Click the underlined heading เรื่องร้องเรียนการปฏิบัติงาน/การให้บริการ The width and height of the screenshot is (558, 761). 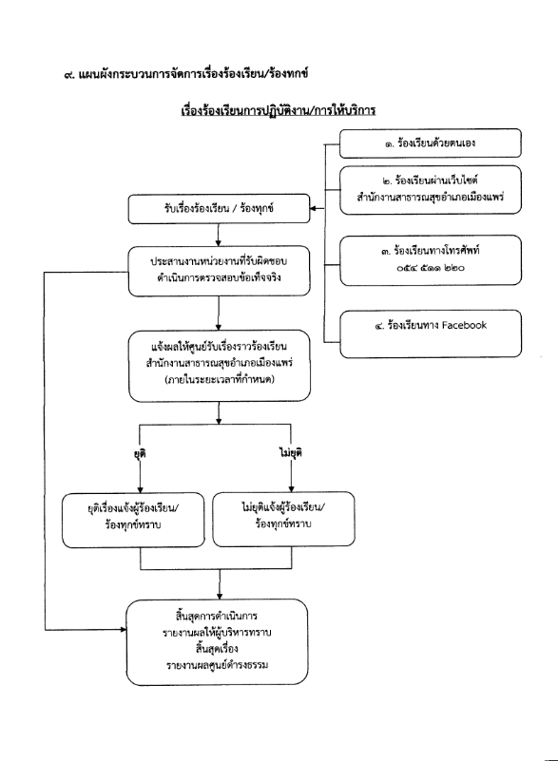pyautogui.click(x=279, y=110)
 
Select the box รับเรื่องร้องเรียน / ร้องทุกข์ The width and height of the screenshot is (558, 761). pyautogui.click(x=219, y=209)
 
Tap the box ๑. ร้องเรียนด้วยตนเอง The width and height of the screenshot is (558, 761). pyautogui.click(x=431, y=143)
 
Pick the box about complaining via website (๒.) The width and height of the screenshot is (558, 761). pyautogui.click(x=431, y=190)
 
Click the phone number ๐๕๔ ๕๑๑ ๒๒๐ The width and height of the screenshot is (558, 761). pyautogui.click(x=431, y=267)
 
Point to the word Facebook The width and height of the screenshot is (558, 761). pyautogui.click(x=464, y=325)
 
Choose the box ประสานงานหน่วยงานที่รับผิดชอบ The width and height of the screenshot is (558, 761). pyautogui.click(x=219, y=271)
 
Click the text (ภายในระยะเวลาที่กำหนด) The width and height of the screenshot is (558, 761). pyautogui.click(x=219, y=379)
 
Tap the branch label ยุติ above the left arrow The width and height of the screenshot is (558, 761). pyautogui.click(x=140, y=453)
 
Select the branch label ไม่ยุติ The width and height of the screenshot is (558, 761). pyautogui.click(x=291, y=453)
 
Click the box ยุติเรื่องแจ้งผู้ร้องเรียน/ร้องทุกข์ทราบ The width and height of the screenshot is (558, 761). pyautogui.click(x=133, y=520)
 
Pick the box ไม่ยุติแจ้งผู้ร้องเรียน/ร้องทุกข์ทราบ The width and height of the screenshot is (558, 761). pyautogui.click(x=283, y=519)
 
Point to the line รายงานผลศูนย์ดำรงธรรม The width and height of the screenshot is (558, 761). pyautogui.click(x=217, y=665)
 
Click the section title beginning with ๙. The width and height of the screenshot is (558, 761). pyautogui.click(x=186, y=74)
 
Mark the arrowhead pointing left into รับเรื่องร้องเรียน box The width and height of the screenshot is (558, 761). pyautogui.click(x=314, y=209)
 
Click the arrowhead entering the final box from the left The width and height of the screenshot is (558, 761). pyautogui.click(x=123, y=630)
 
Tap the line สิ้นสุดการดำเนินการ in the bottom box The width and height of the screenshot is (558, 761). pyautogui.click(x=217, y=617)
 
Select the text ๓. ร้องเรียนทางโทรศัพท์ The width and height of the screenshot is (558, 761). pyautogui.click(x=431, y=251)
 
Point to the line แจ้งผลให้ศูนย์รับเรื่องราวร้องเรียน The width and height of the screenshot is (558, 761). pyautogui.click(x=219, y=347)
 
